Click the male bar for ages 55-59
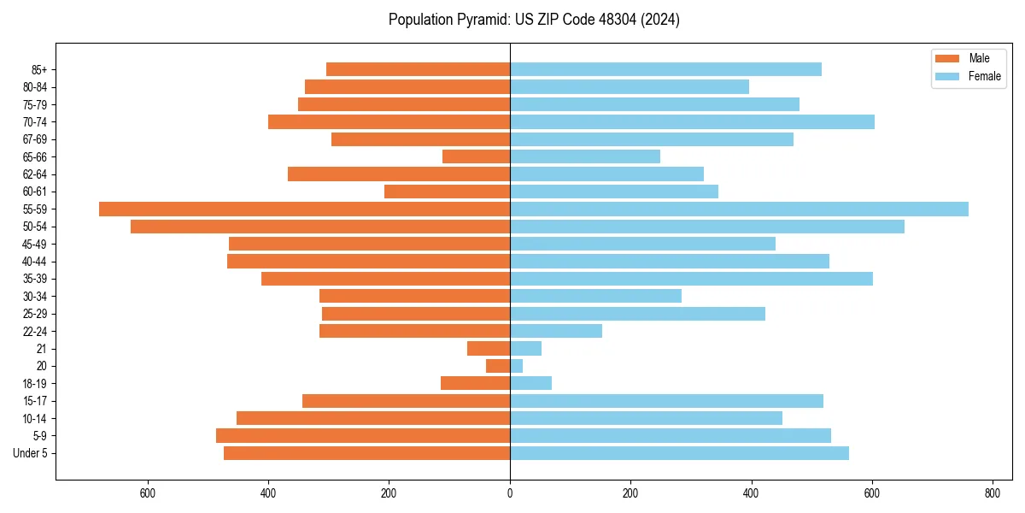click(304, 209)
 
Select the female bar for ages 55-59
click(739, 209)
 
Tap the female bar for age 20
click(516, 366)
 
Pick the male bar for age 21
click(489, 348)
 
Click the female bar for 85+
click(665, 69)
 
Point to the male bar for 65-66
click(476, 156)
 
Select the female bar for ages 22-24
click(556, 331)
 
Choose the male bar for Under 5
click(366, 453)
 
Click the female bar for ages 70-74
click(692, 121)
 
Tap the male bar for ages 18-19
click(475, 383)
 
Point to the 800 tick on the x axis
click(993, 493)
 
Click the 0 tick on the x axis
click(510, 493)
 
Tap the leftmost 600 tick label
click(148, 493)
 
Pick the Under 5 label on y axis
click(30, 453)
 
